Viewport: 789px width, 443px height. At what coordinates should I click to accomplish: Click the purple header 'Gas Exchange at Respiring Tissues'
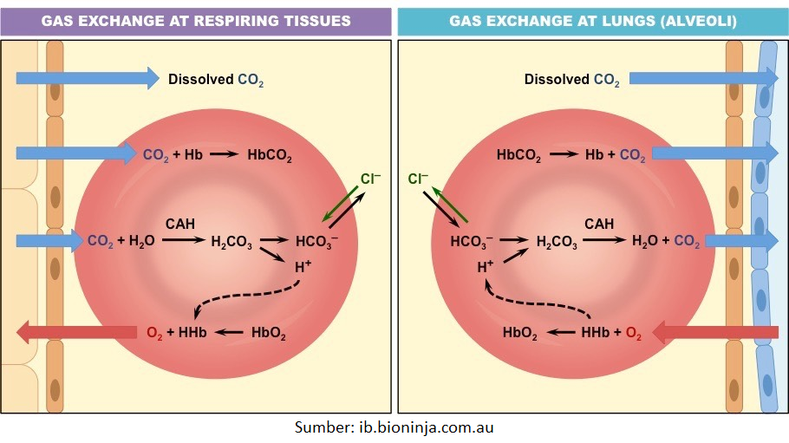point(196,20)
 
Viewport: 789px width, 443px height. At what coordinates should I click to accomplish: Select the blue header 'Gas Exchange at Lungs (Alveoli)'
point(592,20)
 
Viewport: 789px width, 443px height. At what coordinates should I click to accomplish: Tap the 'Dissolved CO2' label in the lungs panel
point(571,80)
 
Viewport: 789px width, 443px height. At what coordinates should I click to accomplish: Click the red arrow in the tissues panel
point(76,331)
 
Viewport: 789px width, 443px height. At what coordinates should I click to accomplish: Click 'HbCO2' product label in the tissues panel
point(270,157)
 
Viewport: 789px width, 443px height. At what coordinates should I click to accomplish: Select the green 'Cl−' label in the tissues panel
point(370,180)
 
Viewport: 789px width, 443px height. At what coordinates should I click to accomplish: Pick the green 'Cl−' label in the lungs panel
point(418,180)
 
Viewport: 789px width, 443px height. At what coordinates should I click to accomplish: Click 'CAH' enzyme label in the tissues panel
point(181,224)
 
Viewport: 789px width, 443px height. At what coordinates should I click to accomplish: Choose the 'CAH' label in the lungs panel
point(599,224)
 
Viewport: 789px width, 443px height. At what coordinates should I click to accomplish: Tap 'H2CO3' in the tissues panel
point(231,242)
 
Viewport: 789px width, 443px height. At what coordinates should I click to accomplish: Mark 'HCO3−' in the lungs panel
point(471,242)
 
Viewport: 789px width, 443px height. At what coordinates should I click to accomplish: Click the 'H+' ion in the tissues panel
point(303,268)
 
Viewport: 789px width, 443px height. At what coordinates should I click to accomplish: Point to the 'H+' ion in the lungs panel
point(486,268)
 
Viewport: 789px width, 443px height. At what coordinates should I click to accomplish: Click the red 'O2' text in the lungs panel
point(634,333)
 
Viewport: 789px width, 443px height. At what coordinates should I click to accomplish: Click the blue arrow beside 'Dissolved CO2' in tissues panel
point(87,79)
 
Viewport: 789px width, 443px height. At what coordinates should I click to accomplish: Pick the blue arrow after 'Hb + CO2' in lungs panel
point(714,154)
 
